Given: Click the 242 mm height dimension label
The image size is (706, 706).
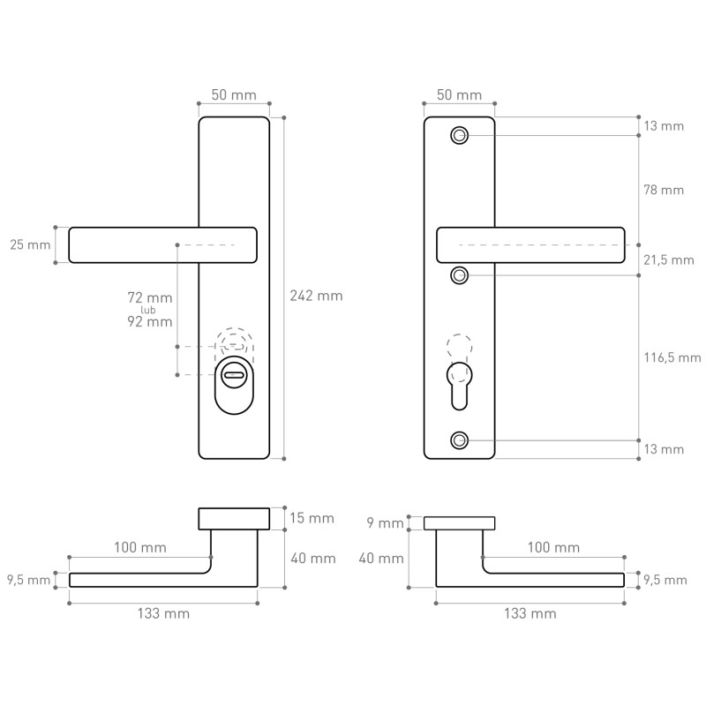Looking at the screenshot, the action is pos(316,296).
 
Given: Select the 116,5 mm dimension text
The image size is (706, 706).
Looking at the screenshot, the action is pos(672,358).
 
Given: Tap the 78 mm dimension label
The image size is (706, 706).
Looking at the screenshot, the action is pos(664,190).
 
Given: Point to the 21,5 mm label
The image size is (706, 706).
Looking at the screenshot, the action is pos(669,260).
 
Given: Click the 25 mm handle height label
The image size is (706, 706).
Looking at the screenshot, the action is pos(30,245).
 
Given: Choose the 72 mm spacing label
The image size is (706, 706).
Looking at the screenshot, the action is pos(150,297).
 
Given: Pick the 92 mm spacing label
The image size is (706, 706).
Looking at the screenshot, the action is pos(150,321).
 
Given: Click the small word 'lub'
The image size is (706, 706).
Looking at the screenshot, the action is pos(148,310).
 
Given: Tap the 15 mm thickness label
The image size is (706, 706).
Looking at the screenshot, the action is pos(312,518).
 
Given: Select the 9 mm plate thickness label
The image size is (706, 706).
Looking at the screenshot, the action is pos(386,523).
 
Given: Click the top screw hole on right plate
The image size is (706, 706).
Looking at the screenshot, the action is pos(459,135).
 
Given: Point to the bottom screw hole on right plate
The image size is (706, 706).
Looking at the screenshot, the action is pos(459,440).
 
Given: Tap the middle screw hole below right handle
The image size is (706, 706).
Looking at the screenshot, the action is pos(459,275).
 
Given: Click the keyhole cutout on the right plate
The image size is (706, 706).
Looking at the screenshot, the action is pos(459,386).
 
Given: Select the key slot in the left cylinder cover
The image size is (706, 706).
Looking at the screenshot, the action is pos(234,374).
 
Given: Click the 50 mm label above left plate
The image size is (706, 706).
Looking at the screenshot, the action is pos(234,95).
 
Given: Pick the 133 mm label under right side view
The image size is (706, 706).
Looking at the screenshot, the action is pos(530,613).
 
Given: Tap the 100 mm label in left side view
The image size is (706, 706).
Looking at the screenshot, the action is pos(140,547).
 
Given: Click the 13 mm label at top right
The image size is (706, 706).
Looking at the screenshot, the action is pos(664,126).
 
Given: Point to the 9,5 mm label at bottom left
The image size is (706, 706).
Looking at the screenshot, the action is pos(28,580).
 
